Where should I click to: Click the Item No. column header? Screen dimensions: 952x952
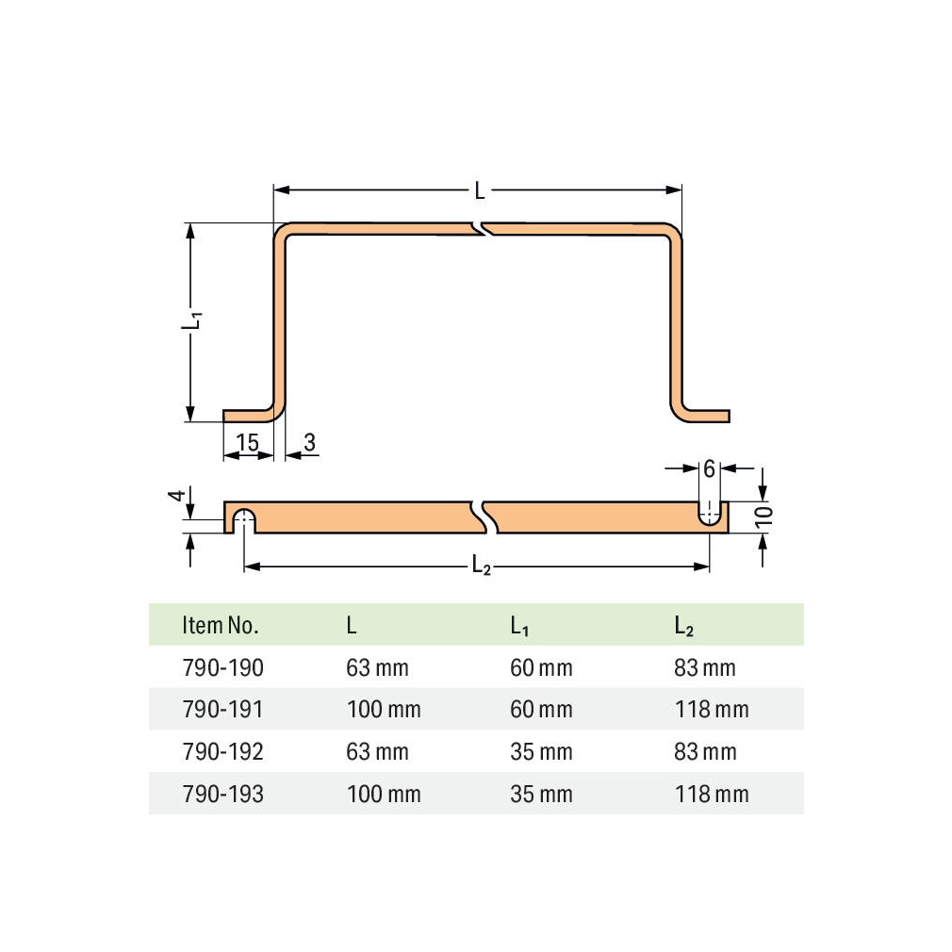[x=221, y=625]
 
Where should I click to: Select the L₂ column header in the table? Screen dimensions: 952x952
[x=683, y=626]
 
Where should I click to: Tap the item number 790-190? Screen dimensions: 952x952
[x=222, y=668]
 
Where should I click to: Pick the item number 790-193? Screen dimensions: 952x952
[x=222, y=794]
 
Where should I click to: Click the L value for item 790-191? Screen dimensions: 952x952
[x=384, y=709]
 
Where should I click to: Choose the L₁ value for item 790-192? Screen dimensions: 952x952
[x=541, y=751]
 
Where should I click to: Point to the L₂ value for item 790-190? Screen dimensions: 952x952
[x=705, y=668]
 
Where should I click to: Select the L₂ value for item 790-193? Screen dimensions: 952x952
[x=712, y=794]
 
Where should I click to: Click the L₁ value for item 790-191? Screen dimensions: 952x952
[x=541, y=709]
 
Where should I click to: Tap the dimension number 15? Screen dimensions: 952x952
[x=247, y=442]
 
